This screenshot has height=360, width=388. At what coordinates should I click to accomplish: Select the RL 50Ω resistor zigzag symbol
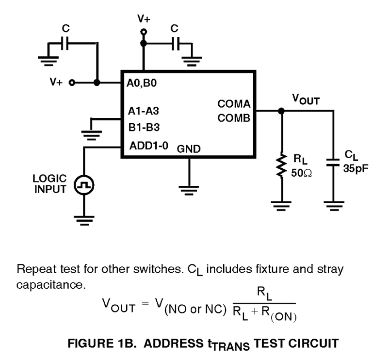[x=281, y=166]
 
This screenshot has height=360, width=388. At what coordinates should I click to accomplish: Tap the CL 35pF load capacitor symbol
[x=333, y=162]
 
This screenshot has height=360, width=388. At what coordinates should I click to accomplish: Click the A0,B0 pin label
[x=141, y=83]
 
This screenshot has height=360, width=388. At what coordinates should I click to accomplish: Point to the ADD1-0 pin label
[x=149, y=146]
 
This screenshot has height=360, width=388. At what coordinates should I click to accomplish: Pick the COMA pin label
[x=234, y=104]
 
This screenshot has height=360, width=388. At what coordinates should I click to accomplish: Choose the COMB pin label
[x=234, y=118]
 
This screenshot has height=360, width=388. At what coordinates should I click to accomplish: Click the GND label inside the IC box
[x=188, y=149]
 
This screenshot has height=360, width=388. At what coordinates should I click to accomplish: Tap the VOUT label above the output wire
[x=306, y=100]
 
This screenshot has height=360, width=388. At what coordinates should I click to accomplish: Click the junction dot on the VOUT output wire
[x=281, y=110]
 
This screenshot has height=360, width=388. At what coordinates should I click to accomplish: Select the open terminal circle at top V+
[x=143, y=32]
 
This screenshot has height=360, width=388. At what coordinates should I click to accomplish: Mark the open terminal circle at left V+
[x=72, y=83]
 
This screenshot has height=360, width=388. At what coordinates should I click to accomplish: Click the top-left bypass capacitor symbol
[x=65, y=43]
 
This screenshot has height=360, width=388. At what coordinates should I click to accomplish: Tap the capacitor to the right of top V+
[x=175, y=44]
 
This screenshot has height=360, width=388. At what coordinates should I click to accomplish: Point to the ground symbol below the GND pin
[x=189, y=190]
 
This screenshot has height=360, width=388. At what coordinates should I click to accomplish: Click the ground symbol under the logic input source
[x=84, y=220]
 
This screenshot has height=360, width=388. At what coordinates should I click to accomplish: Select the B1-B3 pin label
[x=144, y=127]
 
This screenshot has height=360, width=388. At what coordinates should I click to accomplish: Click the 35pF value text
[x=356, y=169]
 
